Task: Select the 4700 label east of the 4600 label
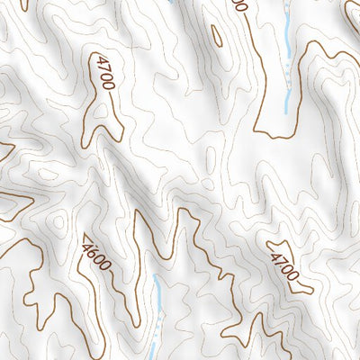tap(283, 267)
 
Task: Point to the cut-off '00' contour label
tap(238, 4)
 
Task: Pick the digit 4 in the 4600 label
tap(87, 241)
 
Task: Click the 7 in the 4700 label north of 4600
tap(105, 67)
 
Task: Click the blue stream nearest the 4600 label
tap(156, 297)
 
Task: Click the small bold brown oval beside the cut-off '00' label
tap(216, 33)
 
